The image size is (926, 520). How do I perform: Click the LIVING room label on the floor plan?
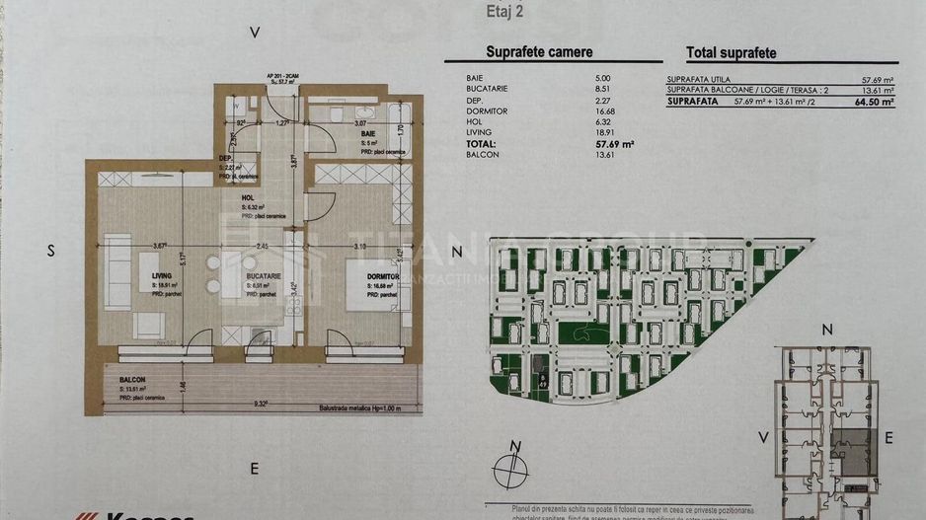click(x=162, y=276)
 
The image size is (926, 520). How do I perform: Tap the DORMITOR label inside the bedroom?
click(x=381, y=276)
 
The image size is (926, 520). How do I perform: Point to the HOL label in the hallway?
click(x=249, y=197)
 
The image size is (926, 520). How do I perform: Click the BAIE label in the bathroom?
click(x=367, y=133)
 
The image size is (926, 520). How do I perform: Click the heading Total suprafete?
click(x=731, y=53)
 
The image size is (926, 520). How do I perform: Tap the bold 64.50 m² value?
click(x=874, y=101)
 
